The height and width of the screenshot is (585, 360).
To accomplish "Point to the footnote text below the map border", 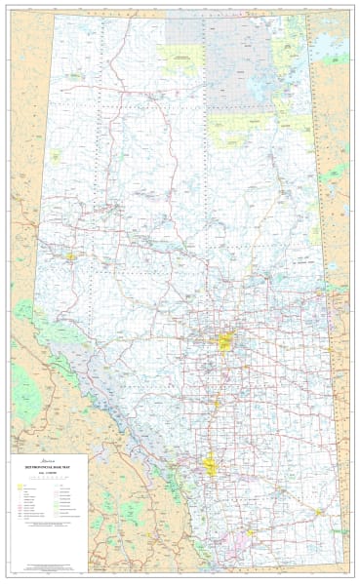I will (180, 576).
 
